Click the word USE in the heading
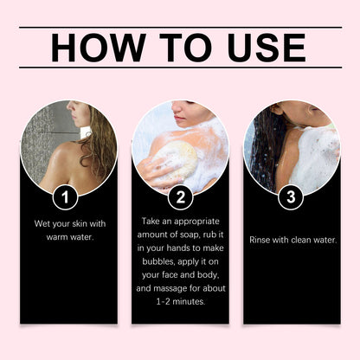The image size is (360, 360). point(262,47)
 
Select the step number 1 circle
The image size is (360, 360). point(65,198)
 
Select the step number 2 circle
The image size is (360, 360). point(180,198)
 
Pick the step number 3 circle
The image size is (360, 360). point(292,198)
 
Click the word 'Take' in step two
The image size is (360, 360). point(151,221)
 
